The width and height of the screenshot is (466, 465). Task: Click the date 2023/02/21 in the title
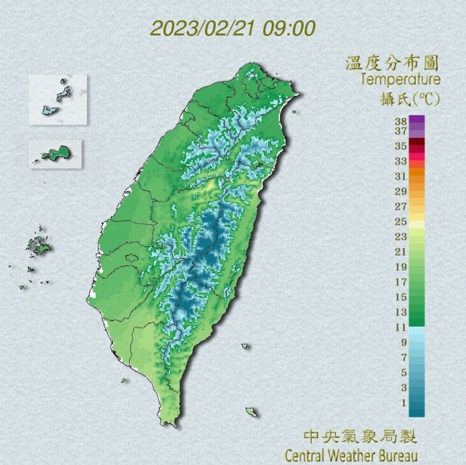click(203, 28)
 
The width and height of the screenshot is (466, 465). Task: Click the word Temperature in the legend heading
click(401, 79)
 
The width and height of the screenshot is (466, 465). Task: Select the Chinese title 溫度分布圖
click(392, 63)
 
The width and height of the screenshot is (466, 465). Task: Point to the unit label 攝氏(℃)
click(410, 98)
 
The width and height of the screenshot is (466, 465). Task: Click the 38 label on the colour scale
click(401, 121)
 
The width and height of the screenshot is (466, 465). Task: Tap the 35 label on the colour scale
click(401, 146)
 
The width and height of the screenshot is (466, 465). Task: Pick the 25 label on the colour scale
click(401, 222)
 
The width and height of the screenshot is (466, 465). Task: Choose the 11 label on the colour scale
click(401, 327)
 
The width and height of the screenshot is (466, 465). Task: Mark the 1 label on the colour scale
click(403, 403)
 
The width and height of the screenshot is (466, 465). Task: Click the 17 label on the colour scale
click(401, 282)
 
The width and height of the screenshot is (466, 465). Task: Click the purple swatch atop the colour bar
click(417, 120)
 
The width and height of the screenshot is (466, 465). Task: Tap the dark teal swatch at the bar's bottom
click(417, 411)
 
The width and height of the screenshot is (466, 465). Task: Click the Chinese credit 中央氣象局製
click(360, 436)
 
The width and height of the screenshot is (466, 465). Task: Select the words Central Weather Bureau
click(352, 454)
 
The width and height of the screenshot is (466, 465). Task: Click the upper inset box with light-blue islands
click(58, 99)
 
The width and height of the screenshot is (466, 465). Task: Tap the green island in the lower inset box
click(57, 152)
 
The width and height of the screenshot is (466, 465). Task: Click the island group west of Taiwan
click(39, 246)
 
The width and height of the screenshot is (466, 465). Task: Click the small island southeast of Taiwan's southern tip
click(251, 412)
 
